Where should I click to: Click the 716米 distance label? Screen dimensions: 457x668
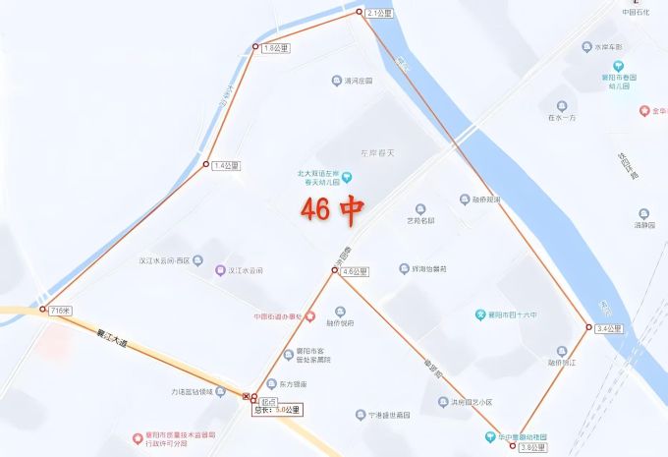pyautogui.click(x=60, y=311)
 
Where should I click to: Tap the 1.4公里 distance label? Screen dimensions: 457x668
pyautogui.click(x=226, y=165)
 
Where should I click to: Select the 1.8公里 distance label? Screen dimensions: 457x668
pyautogui.click(x=275, y=47)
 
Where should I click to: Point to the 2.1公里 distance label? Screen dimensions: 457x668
pyautogui.click(x=379, y=14)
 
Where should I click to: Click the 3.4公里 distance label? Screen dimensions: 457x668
pyautogui.click(x=609, y=328)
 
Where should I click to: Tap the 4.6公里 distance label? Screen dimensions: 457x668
pyautogui.click(x=354, y=271)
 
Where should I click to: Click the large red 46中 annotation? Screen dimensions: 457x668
pyautogui.click(x=332, y=208)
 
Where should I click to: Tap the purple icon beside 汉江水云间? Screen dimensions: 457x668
pyautogui.click(x=221, y=270)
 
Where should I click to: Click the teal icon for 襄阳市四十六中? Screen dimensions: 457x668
pyautogui.click(x=481, y=315)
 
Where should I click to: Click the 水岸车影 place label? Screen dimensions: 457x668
pyautogui.click(x=608, y=46)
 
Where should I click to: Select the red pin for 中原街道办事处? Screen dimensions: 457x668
pyautogui.click(x=309, y=316)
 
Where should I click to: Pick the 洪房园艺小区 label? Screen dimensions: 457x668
pyautogui.click(x=478, y=402)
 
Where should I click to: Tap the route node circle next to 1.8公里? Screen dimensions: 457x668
pyautogui.click(x=254, y=46)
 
